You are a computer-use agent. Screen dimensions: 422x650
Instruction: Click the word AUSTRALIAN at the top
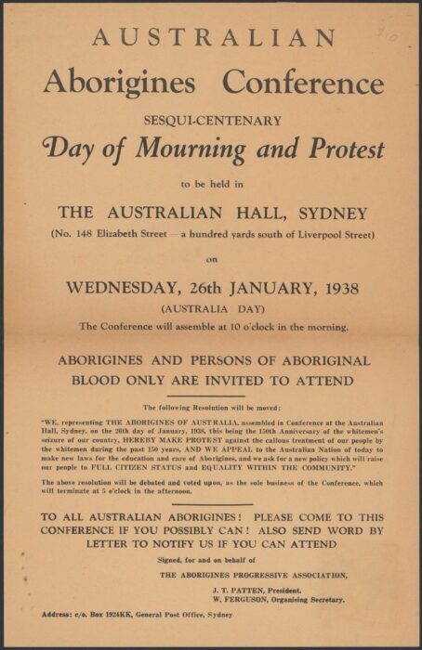[213, 38]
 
